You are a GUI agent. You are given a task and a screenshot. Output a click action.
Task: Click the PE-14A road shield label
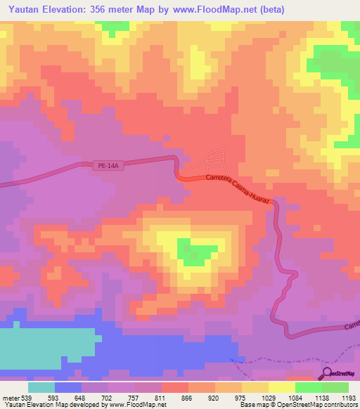108,166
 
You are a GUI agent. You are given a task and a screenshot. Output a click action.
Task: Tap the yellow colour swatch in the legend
282,387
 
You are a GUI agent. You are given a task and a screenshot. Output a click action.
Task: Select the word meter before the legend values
11,398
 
